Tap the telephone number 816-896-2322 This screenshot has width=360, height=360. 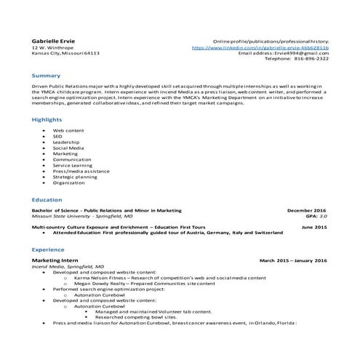(311, 59)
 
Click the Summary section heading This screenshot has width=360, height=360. (46, 76)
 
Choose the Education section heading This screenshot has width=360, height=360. (47, 199)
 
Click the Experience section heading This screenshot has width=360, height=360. (49, 249)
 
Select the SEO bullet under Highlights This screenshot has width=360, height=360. (57, 135)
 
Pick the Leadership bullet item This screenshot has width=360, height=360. (65, 141)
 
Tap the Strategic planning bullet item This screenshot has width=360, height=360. (75, 177)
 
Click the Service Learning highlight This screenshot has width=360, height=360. (73, 165)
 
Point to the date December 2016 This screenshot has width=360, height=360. (307, 210)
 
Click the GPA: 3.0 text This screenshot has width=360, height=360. (316, 216)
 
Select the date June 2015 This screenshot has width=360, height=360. (314, 227)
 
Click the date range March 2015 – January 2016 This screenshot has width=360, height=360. (293, 260)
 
